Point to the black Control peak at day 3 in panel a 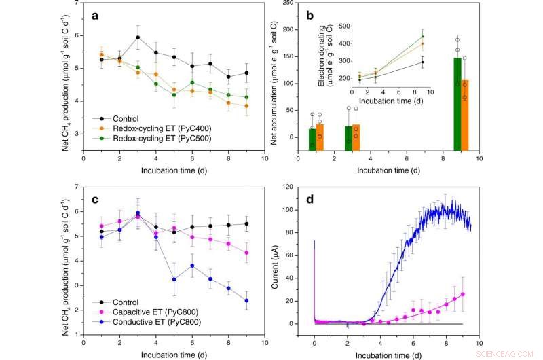pyautogui.click(x=138, y=37)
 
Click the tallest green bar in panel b pyautogui.click(x=458, y=105)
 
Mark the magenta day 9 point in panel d pyautogui.click(x=462, y=294)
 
